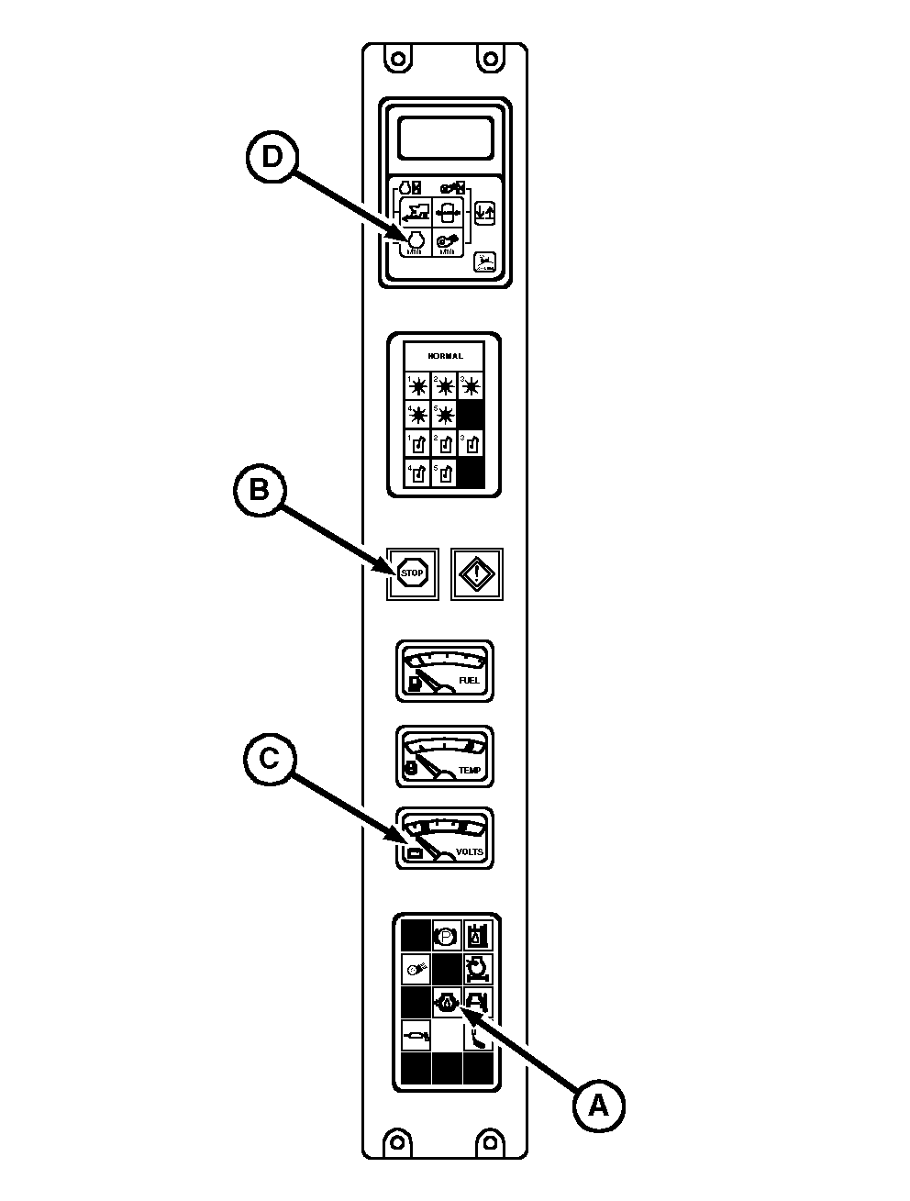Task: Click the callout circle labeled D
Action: [x=272, y=157]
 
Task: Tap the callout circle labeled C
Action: [x=269, y=758]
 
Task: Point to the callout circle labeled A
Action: [x=598, y=1105]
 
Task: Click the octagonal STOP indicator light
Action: [x=413, y=573]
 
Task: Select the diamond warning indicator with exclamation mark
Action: [x=477, y=574]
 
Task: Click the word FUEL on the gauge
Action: [x=468, y=680]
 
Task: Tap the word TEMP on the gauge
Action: [x=469, y=770]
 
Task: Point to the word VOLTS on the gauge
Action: [x=469, y=851]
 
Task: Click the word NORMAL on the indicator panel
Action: [x=445, y=356]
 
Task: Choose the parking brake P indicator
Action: [x=447, y=936]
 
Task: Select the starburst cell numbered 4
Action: [x=417, y=415]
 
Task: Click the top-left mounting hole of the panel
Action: [x=396, y=60]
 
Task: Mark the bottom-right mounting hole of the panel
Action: [x=493, y=1140]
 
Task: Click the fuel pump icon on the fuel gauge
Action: [x=416, y=683]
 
